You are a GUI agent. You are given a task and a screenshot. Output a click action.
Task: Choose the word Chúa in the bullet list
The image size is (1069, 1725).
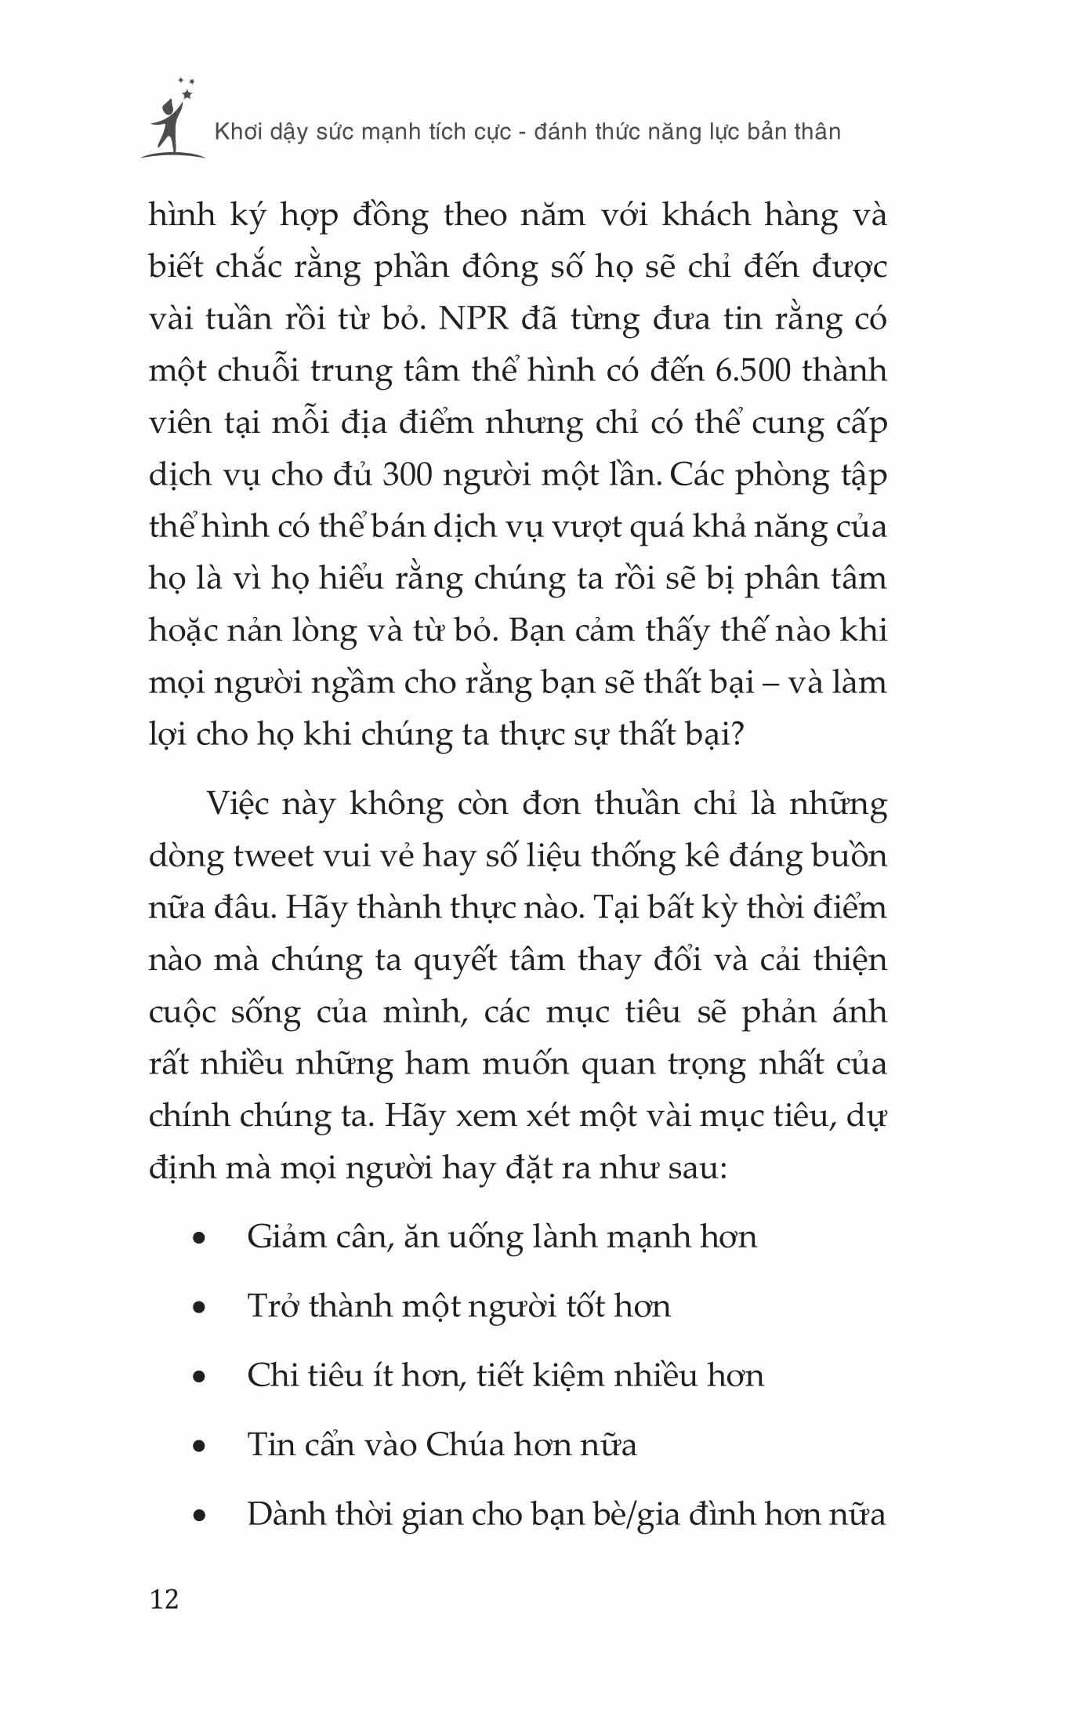(x=463, y=1445)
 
